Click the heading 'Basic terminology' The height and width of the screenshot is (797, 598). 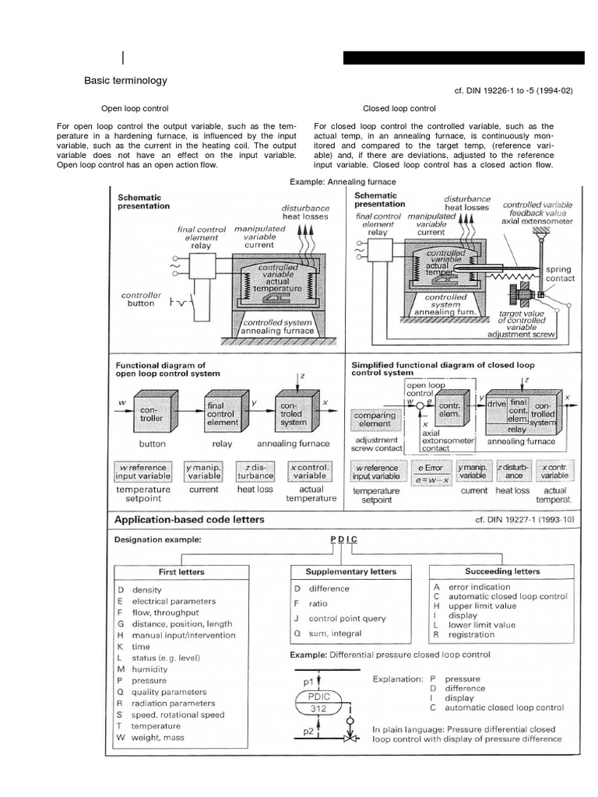125,80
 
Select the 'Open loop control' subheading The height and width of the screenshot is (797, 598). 135,108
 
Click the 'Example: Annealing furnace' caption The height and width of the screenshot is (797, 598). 343,181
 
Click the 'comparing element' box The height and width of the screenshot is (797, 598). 375,420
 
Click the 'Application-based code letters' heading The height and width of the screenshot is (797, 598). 189,519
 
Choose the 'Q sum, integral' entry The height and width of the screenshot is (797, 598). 328,634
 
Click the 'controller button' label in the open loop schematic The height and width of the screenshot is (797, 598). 141,300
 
